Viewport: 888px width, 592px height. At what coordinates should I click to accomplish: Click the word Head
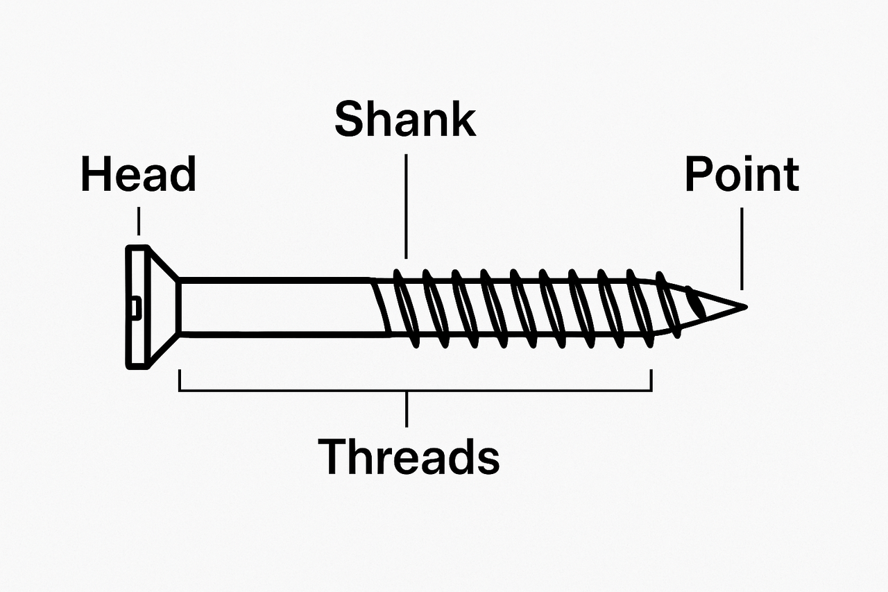pos(139,175)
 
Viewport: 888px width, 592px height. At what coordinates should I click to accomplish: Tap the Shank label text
pos(405,119)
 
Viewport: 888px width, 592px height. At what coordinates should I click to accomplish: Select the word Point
pos(742,175)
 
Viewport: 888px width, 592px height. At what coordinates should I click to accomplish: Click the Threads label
pos(409,457)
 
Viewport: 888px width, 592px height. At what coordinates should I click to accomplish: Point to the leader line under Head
pos(139,221)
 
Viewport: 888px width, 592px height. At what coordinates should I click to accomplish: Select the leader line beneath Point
pos(742,248)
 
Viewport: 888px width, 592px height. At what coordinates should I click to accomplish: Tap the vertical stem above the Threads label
pos(407,409)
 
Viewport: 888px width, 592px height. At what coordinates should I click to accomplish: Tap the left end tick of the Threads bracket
pos(180,380)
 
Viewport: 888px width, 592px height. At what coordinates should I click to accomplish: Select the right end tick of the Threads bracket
pos(651,380)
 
